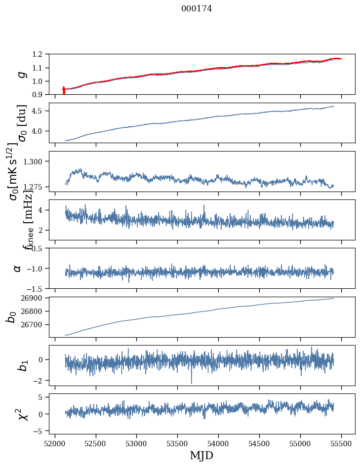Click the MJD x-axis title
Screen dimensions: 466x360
pyautogui.click(x=201, y=455)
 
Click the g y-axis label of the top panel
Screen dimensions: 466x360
pyautogui.click(x=21, y=74)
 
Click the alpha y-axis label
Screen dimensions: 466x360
pyautogui.click(x=17, y=268)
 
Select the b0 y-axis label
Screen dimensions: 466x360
pyautogui.click(x=11, y=316)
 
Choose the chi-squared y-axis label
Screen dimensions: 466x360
pyautogui.click(x=22, y=414)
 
